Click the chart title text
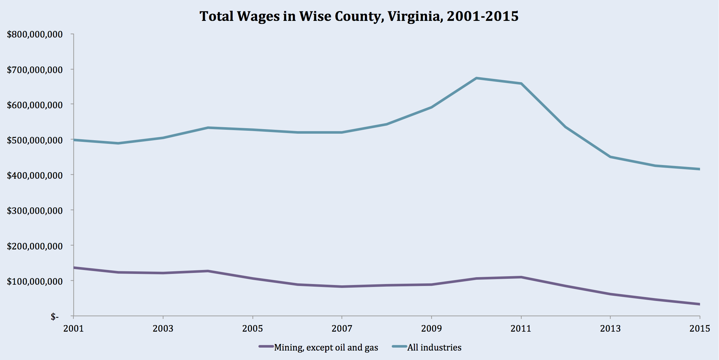tap(359, 16)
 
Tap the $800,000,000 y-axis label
tap(35, 34)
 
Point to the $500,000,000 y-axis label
tap(35, 140)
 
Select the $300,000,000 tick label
tap(35, 211)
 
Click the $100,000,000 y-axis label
tap(35, 281)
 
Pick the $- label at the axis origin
tap(54, 317)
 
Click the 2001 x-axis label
tap(73, 328)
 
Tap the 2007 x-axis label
tap(342, 328)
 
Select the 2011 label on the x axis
tap(521, 328)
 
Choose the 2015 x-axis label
tap(700, 328)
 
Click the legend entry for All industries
tap(434, 348)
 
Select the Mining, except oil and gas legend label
tap(326, 348)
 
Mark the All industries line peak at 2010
tap(476, 78)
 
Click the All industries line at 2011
tap(521, 83)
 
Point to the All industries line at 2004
tap(208, 127)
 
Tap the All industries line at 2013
tap(610, 157)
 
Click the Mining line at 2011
tap(521, 277)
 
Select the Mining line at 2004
tap(208, 271)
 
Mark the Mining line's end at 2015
tap(699, 304)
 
